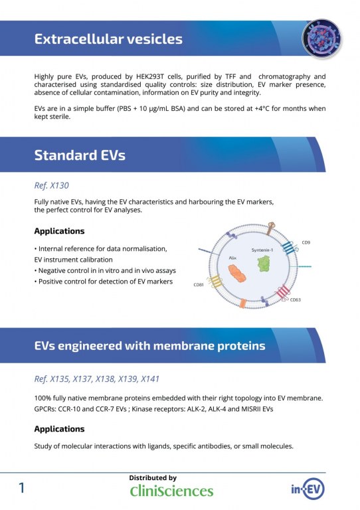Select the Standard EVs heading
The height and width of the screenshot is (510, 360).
[x=80, y=156]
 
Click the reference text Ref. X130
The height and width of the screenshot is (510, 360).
[x=51, y=186]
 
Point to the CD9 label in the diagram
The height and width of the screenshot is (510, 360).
[x=305, y=242]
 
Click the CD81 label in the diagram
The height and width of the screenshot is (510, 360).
[x=198, y=285]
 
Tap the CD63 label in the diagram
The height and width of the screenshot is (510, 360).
[x=295, y=299]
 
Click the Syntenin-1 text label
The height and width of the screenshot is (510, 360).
[x=262, y=250]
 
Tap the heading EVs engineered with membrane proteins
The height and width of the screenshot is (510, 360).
[x=149, y=345]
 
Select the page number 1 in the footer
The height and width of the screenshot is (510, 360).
[x=21, y=488]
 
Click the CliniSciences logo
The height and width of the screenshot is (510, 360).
[x=171, y=491]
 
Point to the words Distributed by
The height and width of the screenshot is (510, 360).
[x=153, y=477]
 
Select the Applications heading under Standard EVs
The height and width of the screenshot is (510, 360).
[x=59, y=231]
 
